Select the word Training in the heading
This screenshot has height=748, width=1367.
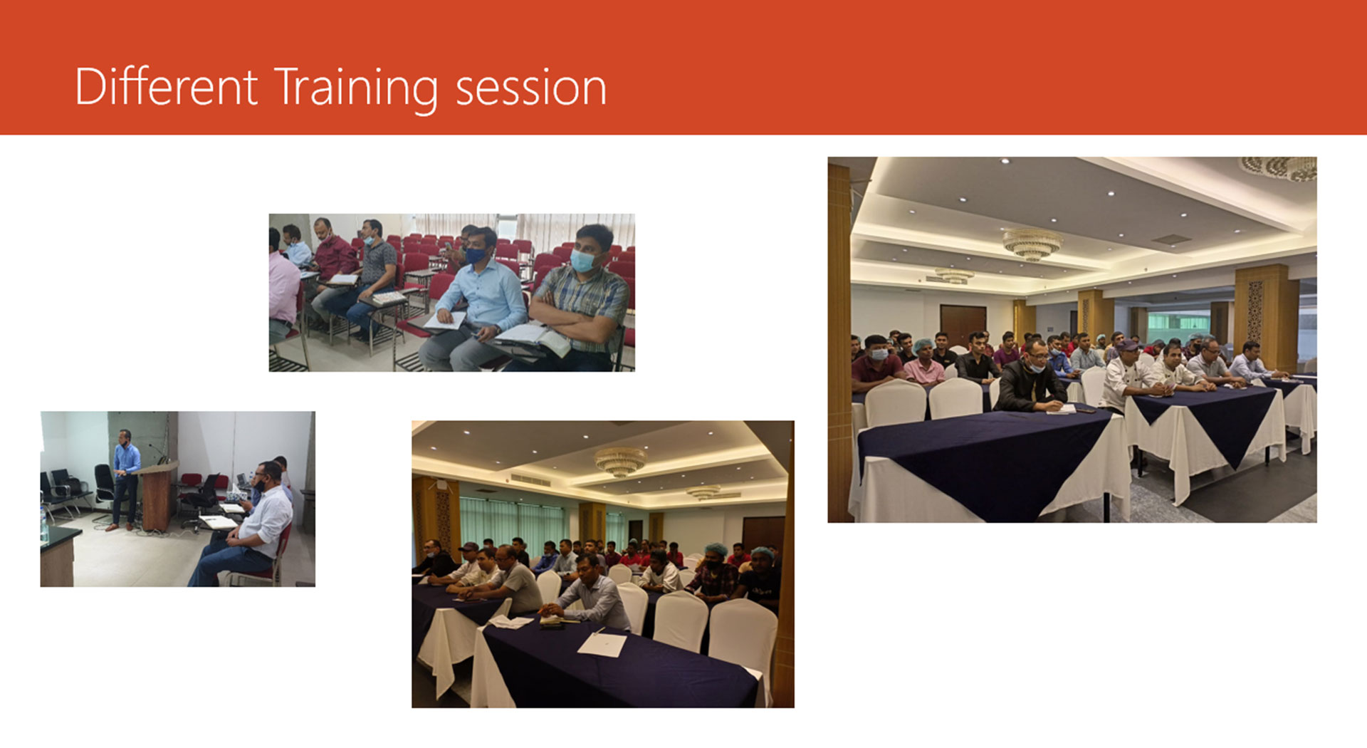355,89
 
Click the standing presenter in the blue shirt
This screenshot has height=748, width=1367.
125,479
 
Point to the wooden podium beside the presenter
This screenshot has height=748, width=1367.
156,496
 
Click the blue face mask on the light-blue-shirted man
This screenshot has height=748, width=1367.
475,255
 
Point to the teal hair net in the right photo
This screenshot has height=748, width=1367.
923,346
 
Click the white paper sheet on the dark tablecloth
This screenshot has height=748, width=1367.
602,644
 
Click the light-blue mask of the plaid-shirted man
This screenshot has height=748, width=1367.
582,261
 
